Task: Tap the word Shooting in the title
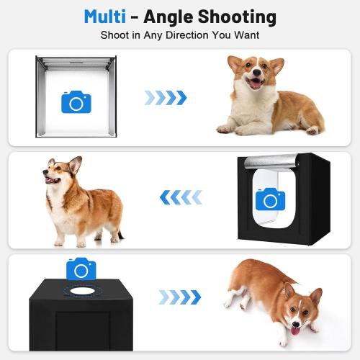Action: (x=243, y=16)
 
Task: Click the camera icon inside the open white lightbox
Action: (x=76, y=102)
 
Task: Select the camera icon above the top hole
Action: (x=81, y=269)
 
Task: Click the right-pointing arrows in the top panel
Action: (x=166, y=97)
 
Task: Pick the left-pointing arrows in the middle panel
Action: (x=180, y=197)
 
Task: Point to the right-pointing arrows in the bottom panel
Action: (x=179, y=297)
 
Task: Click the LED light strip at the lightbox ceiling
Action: (x=76, y=63)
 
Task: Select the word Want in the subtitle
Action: (x=244, y=35)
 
